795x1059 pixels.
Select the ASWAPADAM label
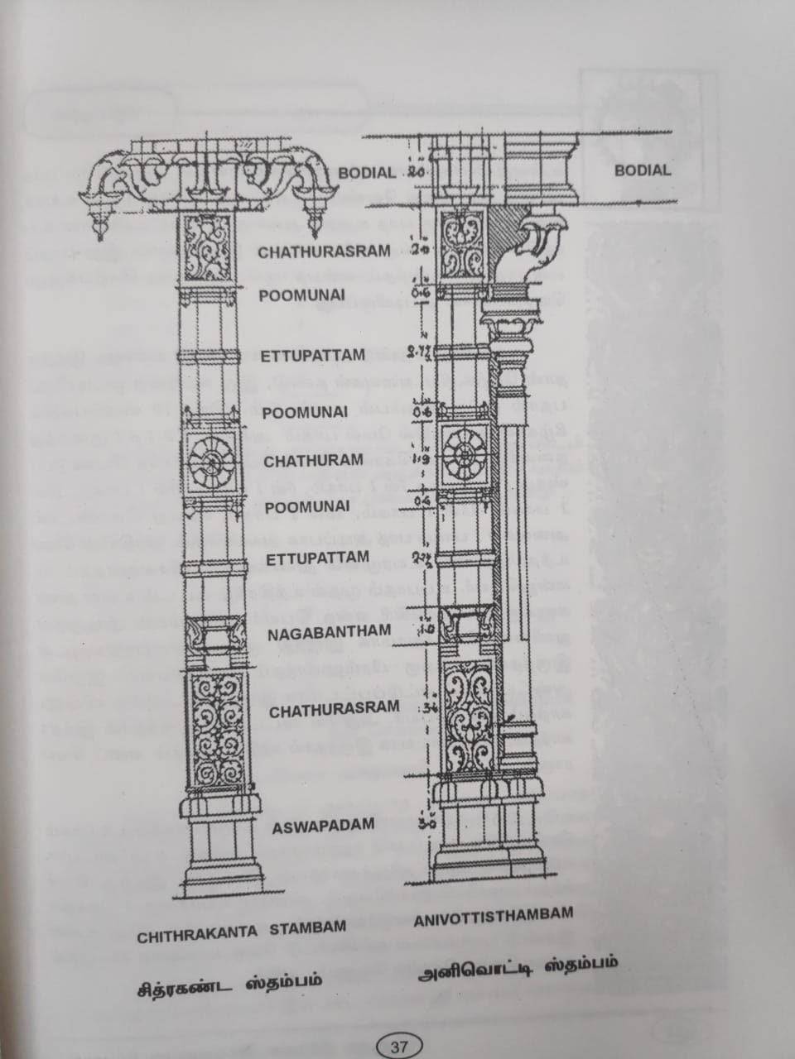[323, 825]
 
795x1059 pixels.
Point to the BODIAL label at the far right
[642, 170]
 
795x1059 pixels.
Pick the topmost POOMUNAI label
[301, 295]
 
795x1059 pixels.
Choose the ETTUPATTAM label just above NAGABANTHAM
[317, 558]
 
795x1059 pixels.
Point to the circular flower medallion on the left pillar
[211, 462]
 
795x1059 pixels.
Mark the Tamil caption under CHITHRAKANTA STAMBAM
[229, 986]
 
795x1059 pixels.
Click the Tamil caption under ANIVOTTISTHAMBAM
[518, 968]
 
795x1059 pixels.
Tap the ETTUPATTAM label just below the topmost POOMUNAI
[313, 356]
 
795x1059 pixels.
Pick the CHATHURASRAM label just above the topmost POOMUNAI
[323, 252]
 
